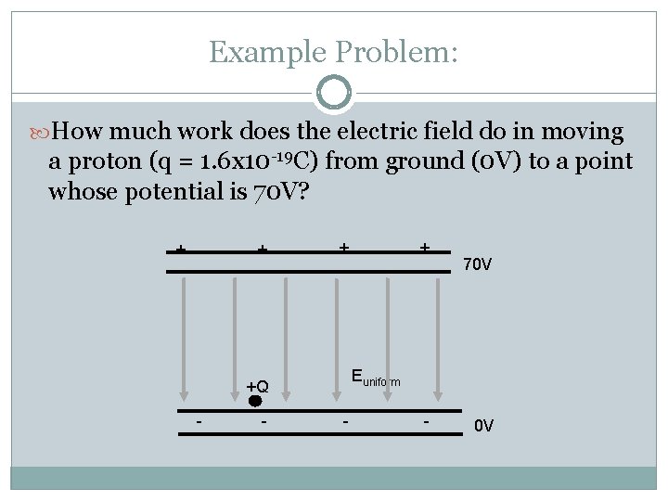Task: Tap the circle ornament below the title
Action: click(x=334, y=93)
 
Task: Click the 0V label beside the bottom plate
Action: click(x=484, y=427)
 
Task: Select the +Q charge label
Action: click(x=257, y=386)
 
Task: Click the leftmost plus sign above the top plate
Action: click(x=182, y=250)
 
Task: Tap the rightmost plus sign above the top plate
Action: click(x=424, y=248)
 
